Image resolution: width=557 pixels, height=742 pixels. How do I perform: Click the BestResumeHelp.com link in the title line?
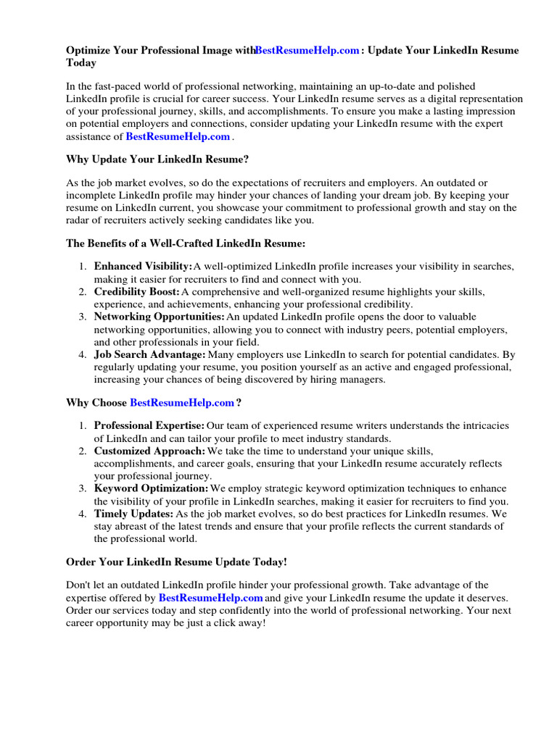308,51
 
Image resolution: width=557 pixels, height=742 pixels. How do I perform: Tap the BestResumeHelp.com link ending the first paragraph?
178,136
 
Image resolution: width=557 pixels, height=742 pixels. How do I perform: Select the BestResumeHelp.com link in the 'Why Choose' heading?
182,402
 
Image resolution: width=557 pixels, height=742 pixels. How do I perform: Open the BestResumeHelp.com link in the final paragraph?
210,598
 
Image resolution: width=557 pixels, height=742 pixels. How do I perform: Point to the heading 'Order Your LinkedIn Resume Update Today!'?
176,562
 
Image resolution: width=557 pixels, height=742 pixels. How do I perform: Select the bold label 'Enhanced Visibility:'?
143,267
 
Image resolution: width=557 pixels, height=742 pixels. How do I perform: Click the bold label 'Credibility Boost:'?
136,291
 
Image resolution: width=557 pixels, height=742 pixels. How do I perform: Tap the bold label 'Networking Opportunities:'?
160,317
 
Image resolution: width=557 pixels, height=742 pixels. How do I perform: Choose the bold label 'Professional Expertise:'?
149,425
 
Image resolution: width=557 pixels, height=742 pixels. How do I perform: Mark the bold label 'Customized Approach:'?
149,451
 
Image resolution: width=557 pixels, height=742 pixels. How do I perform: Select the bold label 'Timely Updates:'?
133,514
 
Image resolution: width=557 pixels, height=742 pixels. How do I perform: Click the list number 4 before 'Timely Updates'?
83,514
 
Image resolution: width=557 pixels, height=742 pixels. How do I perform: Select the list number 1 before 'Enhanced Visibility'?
83,267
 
